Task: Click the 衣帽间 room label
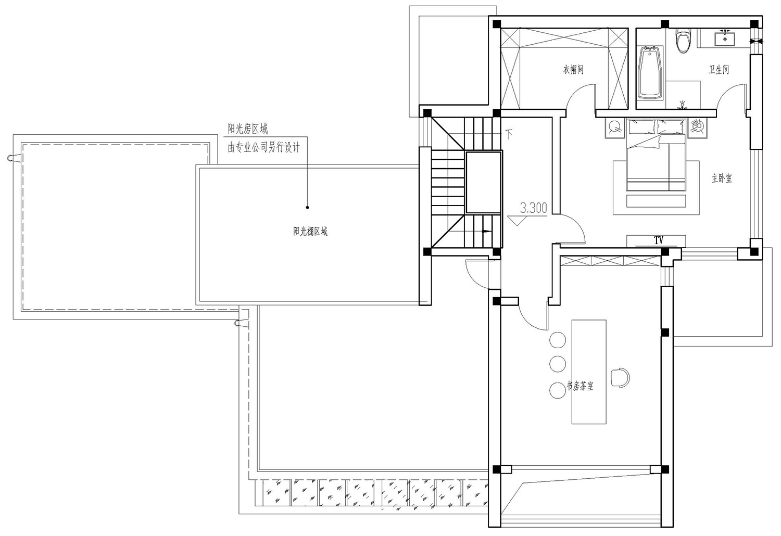[573, 69]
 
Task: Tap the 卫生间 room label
[719, 69]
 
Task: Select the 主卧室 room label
[722, 178]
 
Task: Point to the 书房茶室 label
[580, 386]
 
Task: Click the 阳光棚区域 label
[310, 231]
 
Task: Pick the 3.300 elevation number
[534, 208]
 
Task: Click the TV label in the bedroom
[659, 240]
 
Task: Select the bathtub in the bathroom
[650, 72]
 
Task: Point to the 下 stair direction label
[509, 134]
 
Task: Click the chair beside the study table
[620, 378]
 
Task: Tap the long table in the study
[589, 372]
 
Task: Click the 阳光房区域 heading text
[248, 129]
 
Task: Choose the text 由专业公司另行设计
[263, 147]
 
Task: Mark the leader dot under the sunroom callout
[307, 207]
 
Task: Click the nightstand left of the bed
[615, 128]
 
